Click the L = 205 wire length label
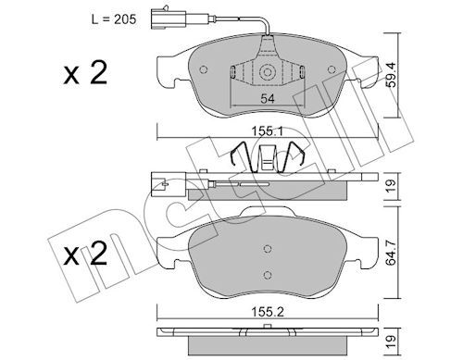click(114, 19)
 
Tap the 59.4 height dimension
click(391, 75)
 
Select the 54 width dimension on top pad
click(268, 99)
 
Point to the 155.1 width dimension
click(268, 131)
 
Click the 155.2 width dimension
click(268, 312)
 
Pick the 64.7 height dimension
click(391, 252)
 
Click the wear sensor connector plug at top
click(169, 19)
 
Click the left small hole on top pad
click(204, 69)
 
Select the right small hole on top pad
click(332, 69)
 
